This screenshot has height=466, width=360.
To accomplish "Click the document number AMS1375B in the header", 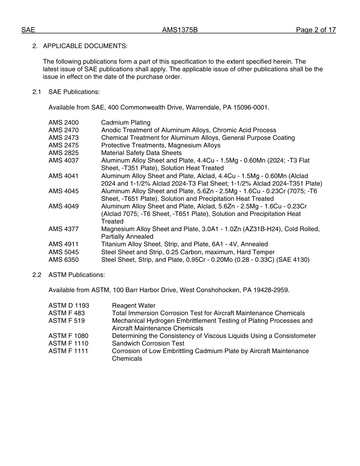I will click(180, 30).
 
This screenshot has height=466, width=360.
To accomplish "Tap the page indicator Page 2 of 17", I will click(316, 30).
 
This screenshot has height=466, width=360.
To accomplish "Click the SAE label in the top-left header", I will click(28, 30).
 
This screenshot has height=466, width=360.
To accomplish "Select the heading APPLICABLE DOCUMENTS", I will click(85, 46).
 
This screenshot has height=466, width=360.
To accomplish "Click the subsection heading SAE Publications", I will click(74, 92).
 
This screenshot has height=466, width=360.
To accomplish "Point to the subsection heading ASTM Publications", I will click(77, 275).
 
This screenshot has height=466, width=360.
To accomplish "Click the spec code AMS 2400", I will click(64, 122).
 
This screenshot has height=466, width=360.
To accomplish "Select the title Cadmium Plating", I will click(125, 122).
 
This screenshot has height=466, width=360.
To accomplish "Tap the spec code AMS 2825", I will click(64, 153).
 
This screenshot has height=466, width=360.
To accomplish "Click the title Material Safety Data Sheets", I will click(141, 153).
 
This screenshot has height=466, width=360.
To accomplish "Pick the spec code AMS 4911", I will click(64, 244).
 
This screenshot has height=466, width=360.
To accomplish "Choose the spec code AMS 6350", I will click(64, 260).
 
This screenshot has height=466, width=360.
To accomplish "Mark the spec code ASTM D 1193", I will click(69, 305).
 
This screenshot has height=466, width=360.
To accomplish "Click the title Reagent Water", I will click(133, 305).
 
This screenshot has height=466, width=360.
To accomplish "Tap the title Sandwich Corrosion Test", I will click(148, 343).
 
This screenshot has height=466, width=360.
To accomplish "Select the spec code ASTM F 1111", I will click(68, 351).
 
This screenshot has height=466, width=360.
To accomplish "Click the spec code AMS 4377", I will click(64, 229).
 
